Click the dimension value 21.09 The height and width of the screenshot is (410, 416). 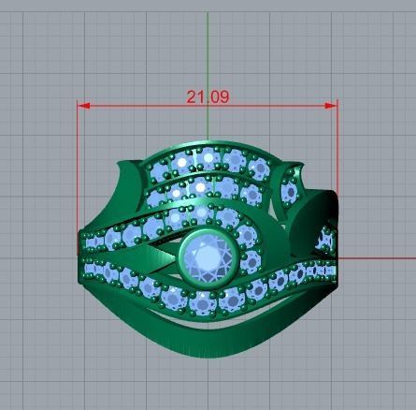(208, 95)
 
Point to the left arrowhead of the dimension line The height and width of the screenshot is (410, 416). (82, 105)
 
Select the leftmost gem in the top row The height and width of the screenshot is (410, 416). (159, 173)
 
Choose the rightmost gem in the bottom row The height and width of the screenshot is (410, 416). (326, 270)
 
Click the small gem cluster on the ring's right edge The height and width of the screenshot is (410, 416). (325, 239)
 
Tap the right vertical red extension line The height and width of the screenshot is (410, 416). (337, 178)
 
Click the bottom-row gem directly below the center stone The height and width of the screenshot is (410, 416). (208, 302)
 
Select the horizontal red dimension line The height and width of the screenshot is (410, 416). (140, 105)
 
